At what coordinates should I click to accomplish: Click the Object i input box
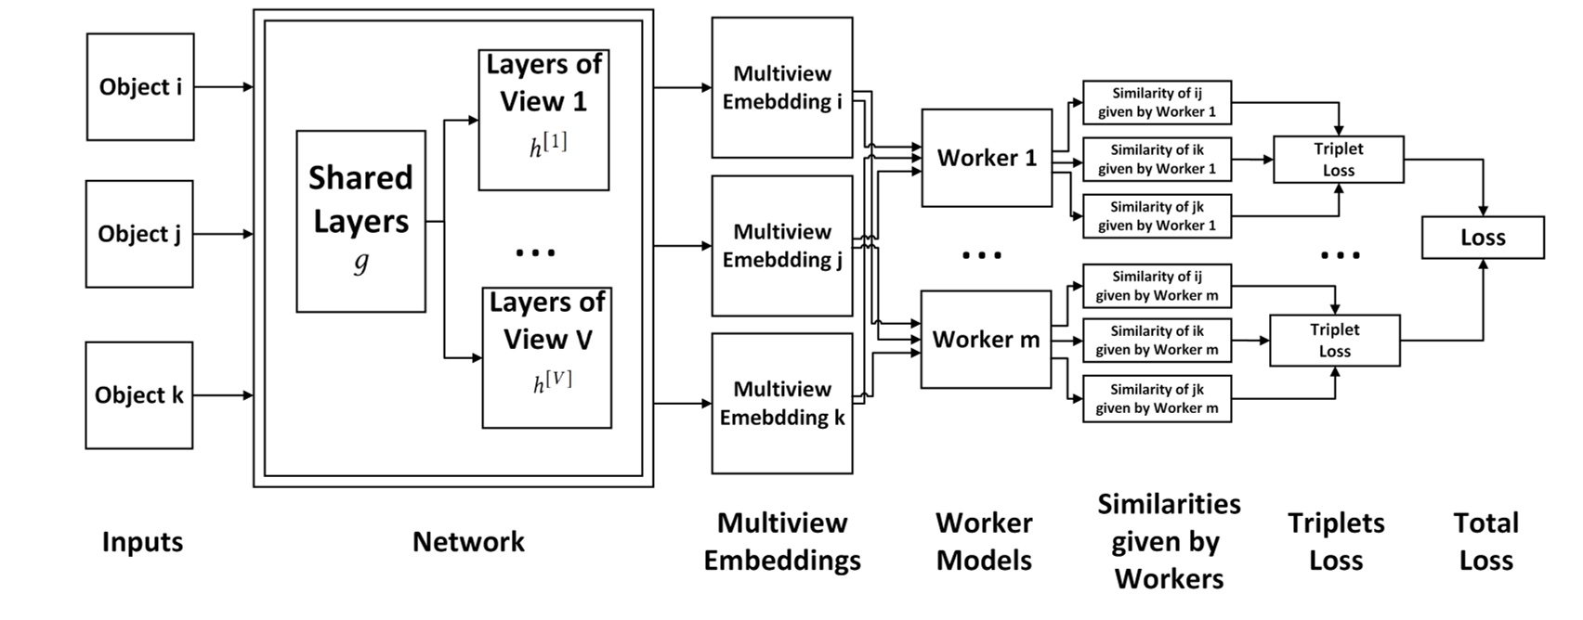(140, 87)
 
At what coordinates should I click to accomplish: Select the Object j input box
(139, 234)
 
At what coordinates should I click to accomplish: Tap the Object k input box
(139, 395)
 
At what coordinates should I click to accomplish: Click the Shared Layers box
(360, 221)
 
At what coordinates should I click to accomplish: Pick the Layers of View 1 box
(543, 120)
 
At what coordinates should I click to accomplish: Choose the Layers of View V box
(546, 357)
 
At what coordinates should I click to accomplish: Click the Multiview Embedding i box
(781, 87)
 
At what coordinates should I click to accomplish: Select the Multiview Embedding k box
(781, 403)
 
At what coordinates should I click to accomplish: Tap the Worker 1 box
(987, 158)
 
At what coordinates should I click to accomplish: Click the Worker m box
(986, 340)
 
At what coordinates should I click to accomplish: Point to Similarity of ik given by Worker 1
(1157, 160)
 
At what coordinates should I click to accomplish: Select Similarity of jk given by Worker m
(1157, 398)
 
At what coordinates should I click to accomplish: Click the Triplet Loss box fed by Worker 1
(1338, 160)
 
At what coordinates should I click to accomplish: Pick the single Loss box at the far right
(1483, 238)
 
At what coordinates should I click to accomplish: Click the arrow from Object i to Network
(223, 87)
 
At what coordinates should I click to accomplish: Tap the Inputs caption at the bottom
(142, 542)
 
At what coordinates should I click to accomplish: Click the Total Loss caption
(1485, 542)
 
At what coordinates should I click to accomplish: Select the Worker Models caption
(984, 542)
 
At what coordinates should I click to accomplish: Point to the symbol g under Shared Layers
(360, 263)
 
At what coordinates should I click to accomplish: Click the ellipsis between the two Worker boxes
(982, 254)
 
